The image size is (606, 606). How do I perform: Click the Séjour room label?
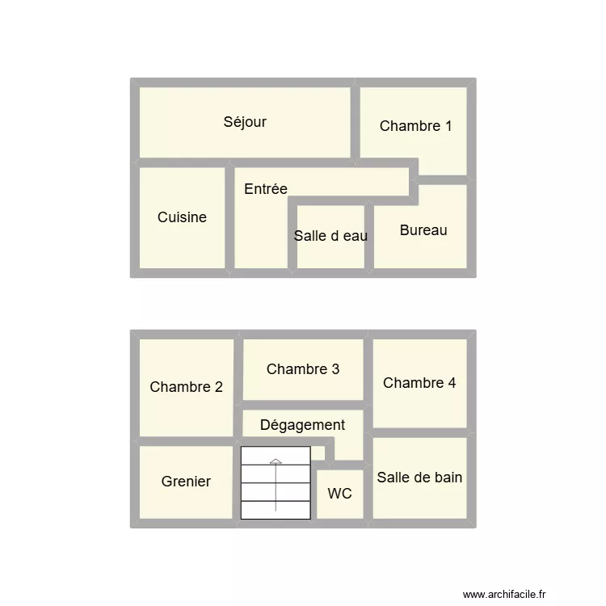245,123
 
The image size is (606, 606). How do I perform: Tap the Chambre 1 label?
415,126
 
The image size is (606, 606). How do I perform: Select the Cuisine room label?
182,217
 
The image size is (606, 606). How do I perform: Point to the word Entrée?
266,189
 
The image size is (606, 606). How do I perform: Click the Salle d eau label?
330,236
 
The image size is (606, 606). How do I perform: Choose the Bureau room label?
423,230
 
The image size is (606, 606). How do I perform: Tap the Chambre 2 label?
186,387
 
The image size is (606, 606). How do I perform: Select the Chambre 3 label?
303,369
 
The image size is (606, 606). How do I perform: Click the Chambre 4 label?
419,383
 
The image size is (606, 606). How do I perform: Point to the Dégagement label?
302,425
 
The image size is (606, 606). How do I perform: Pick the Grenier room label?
186,482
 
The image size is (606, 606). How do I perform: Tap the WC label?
339,494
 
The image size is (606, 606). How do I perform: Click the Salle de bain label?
419,478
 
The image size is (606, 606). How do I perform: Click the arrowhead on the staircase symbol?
276,461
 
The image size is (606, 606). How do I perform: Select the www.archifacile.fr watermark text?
505,594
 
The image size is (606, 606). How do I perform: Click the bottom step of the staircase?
276,510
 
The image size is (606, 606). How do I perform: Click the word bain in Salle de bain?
448,478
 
